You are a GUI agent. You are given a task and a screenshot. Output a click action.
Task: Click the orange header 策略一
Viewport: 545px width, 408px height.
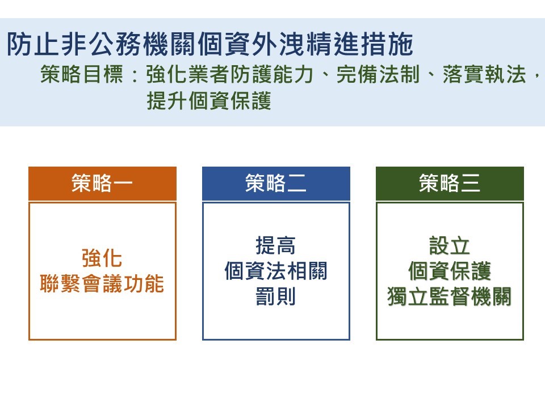(102, 183)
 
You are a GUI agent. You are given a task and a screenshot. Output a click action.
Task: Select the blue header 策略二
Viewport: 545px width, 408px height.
(276, 183)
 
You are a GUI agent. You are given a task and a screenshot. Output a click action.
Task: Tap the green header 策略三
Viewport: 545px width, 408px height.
(450, 183)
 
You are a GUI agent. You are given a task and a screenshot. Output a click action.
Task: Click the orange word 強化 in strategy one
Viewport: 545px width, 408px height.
(102, 258)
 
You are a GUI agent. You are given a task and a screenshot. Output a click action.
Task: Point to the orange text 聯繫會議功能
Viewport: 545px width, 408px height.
(102, 284)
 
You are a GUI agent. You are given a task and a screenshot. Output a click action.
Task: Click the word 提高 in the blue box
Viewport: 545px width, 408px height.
(276, 245)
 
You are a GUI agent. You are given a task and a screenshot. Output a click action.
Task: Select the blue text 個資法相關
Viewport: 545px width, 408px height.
(276, 271)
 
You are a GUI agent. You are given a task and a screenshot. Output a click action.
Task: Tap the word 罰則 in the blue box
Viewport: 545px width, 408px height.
(276, 296)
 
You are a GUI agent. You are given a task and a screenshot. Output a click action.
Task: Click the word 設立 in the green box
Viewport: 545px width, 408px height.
(450, 245)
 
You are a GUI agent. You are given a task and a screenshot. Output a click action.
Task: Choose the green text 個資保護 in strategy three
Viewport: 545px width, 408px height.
(450, 271)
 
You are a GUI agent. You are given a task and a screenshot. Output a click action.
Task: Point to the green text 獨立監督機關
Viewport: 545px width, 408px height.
(450, 296)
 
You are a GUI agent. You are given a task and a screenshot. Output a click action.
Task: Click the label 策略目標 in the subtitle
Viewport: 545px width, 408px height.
(82, 74)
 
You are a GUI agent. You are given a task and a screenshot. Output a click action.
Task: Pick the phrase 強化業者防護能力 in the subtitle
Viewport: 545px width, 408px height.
(230, 74)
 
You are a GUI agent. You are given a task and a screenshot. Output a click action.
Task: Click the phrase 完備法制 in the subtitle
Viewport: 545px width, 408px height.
(378, 74)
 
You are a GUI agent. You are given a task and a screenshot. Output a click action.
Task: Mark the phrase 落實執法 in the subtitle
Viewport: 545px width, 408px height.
(484, 74)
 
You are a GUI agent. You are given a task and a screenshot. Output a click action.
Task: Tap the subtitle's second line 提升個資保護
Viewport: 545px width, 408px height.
(209, 101)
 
